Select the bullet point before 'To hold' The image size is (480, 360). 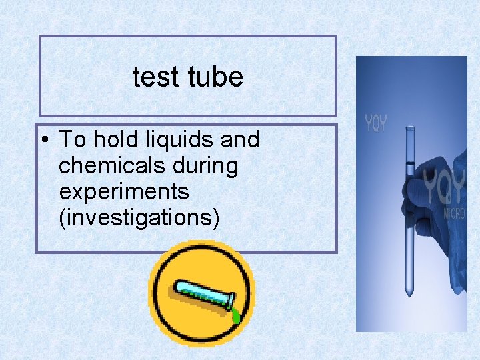pos(44,141)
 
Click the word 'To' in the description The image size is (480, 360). pos(72,140)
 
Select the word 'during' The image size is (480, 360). pos(205,166)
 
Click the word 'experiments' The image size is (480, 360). pos(124,192)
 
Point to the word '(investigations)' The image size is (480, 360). pos(139,217)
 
